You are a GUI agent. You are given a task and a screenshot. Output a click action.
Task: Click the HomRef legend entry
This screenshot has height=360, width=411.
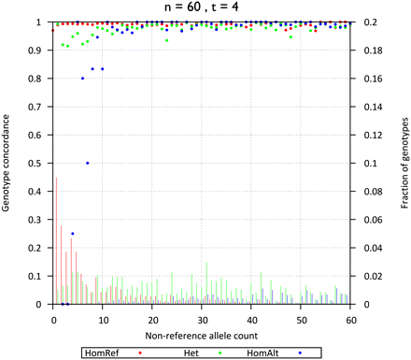114,353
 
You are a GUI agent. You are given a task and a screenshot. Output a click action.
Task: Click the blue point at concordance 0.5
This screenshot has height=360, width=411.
88,163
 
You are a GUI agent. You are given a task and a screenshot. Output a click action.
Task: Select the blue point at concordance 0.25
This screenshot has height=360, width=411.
73,234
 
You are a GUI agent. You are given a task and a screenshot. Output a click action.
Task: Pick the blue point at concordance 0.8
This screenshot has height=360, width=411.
83,78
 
